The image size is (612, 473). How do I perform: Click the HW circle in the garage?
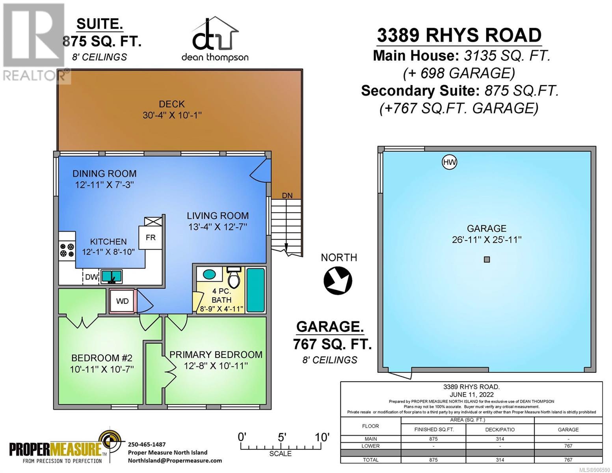tap(449, 162)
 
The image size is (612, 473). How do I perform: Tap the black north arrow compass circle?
tap(338, 280)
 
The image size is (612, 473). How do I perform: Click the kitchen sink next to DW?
tap(112, 276)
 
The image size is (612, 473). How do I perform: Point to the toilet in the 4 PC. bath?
tap(234, 277)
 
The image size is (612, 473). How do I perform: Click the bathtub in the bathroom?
tap(255, 290)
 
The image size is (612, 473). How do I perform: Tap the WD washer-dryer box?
tap(123, 301)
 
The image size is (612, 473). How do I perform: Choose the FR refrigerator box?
tap(151, 238)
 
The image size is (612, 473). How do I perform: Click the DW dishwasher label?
tap(91, 277)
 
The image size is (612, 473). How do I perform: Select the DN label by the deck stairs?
tap(287, 195)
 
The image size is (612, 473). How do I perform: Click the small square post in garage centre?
tap(487, 259)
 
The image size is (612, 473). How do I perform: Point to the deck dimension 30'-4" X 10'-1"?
tap(172, 115)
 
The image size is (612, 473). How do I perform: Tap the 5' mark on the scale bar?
tap(282, 437)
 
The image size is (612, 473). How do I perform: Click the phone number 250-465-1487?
tap(147, 444)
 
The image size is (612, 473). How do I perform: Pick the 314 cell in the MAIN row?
tap(500, 439)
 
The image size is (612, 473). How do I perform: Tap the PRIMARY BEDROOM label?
tap(216, 354)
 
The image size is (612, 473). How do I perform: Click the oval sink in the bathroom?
tap(209, 274)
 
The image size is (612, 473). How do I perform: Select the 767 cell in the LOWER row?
tap(568, 446)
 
